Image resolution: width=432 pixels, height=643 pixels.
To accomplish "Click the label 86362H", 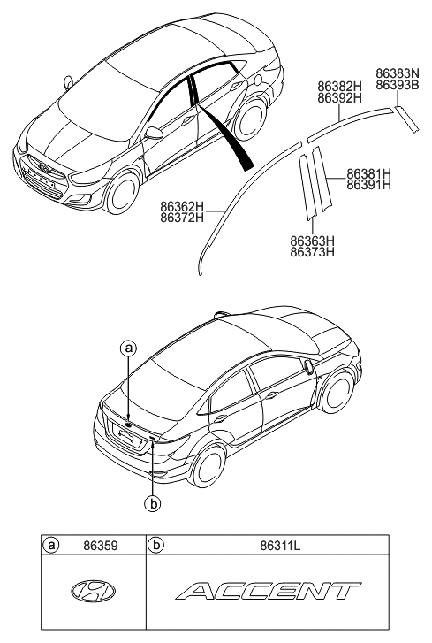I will [x=182, y=206].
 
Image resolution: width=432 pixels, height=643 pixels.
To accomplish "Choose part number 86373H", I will [x=312, y=252].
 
